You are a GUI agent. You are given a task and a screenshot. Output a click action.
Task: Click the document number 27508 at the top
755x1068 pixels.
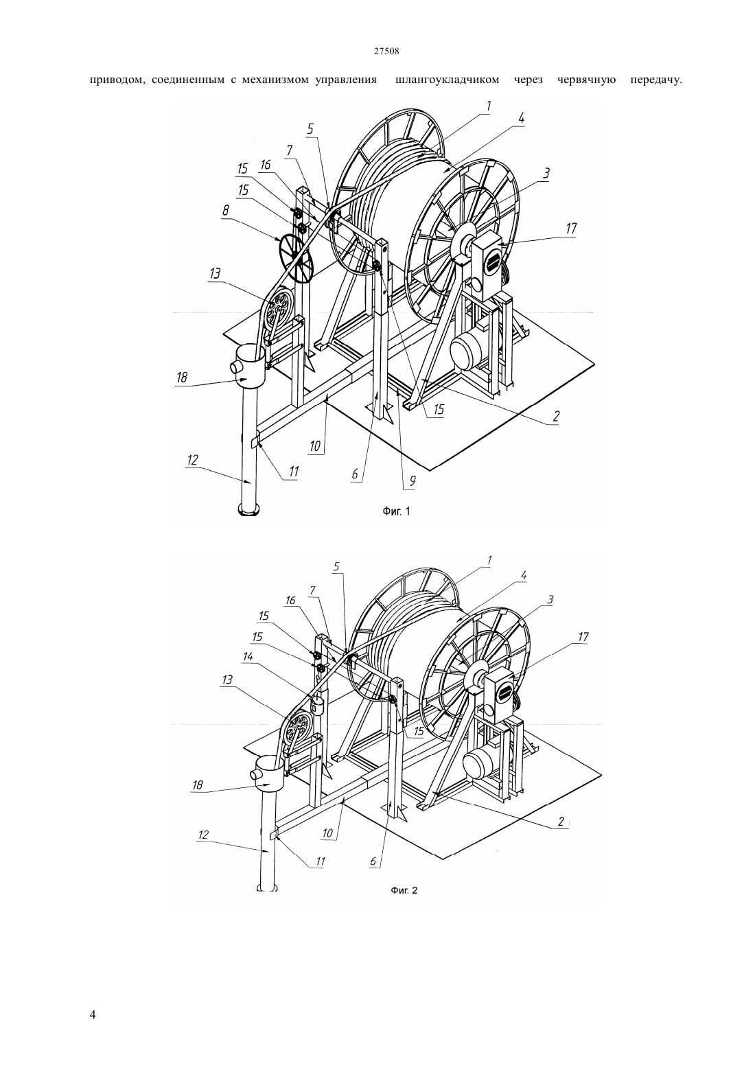click(386, 51)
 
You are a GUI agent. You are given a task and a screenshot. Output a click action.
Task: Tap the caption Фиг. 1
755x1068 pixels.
click(396, 511)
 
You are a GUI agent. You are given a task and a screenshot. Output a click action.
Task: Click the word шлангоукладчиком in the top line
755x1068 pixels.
click(447, 80)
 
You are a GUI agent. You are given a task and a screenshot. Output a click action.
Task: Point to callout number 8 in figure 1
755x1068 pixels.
click(226, 210)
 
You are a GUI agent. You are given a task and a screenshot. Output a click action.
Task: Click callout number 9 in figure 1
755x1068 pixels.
click(413, 480)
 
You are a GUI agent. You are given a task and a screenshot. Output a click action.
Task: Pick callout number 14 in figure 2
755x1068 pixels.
click(247, 657)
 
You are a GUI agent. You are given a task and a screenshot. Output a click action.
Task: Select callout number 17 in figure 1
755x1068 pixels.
click(570, 229)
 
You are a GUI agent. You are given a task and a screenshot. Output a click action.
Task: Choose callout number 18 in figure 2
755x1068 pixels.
click(198, 785)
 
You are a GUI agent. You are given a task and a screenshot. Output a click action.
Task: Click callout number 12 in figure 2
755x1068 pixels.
click(203, 835)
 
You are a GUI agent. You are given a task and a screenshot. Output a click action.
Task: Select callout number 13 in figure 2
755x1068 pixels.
click(227, 679)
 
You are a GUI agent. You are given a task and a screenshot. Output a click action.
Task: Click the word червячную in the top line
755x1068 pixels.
click(586, 80)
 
